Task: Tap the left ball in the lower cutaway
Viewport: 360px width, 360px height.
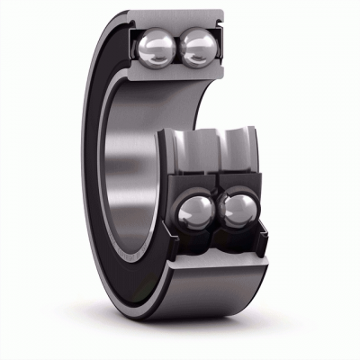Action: pyautogui.click(x=197, y=212)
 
